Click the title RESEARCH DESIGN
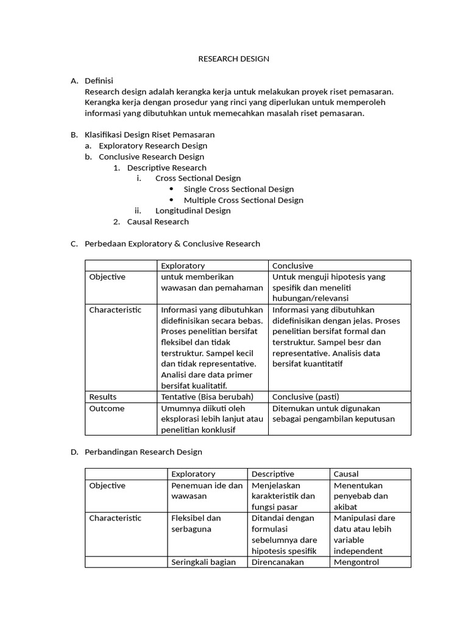click(233, 59)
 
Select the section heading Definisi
click(99, 80)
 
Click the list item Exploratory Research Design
click(153, 146)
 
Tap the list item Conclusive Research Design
click(151, 157)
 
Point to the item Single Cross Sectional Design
click(238, 189)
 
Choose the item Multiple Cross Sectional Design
click(243, 200)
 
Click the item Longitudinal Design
click(193, 211)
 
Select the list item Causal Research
click(158, 222)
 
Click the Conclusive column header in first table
click(292, 266)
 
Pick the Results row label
click(103, 397)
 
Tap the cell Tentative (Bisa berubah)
click(207, 397)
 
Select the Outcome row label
click(107, 408)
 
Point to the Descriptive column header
click(272, 474)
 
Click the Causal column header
click(346, 474)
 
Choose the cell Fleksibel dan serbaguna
click(196, 523)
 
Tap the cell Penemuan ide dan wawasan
click(207, 491)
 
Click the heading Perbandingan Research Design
click(143, 452)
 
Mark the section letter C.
click(74, 244)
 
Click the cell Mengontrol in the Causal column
click(356, 562)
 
